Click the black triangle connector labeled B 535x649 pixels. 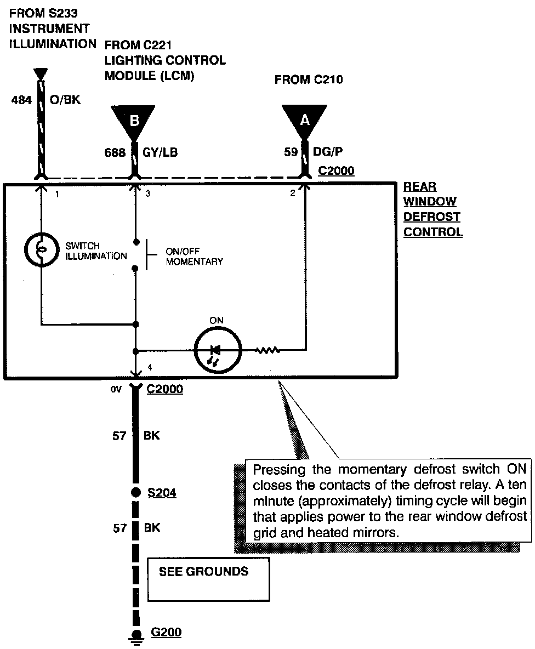pyautogui.click(x=133, y=120)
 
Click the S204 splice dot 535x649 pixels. pyautogui.click(x=135, y=493)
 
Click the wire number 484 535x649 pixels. pyautogui.click(x=22, y=100)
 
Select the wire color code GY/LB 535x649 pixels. pyautogui.click(x=161, y=153)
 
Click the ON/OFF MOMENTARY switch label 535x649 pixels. pyautogui.click(x=194, y=257)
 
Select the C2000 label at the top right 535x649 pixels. pyautogui.click(x=336, y=171)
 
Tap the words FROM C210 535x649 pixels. pyautogui.click(x=309, y=80)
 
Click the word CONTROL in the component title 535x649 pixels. pyautogui.click(x=433, y=232)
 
